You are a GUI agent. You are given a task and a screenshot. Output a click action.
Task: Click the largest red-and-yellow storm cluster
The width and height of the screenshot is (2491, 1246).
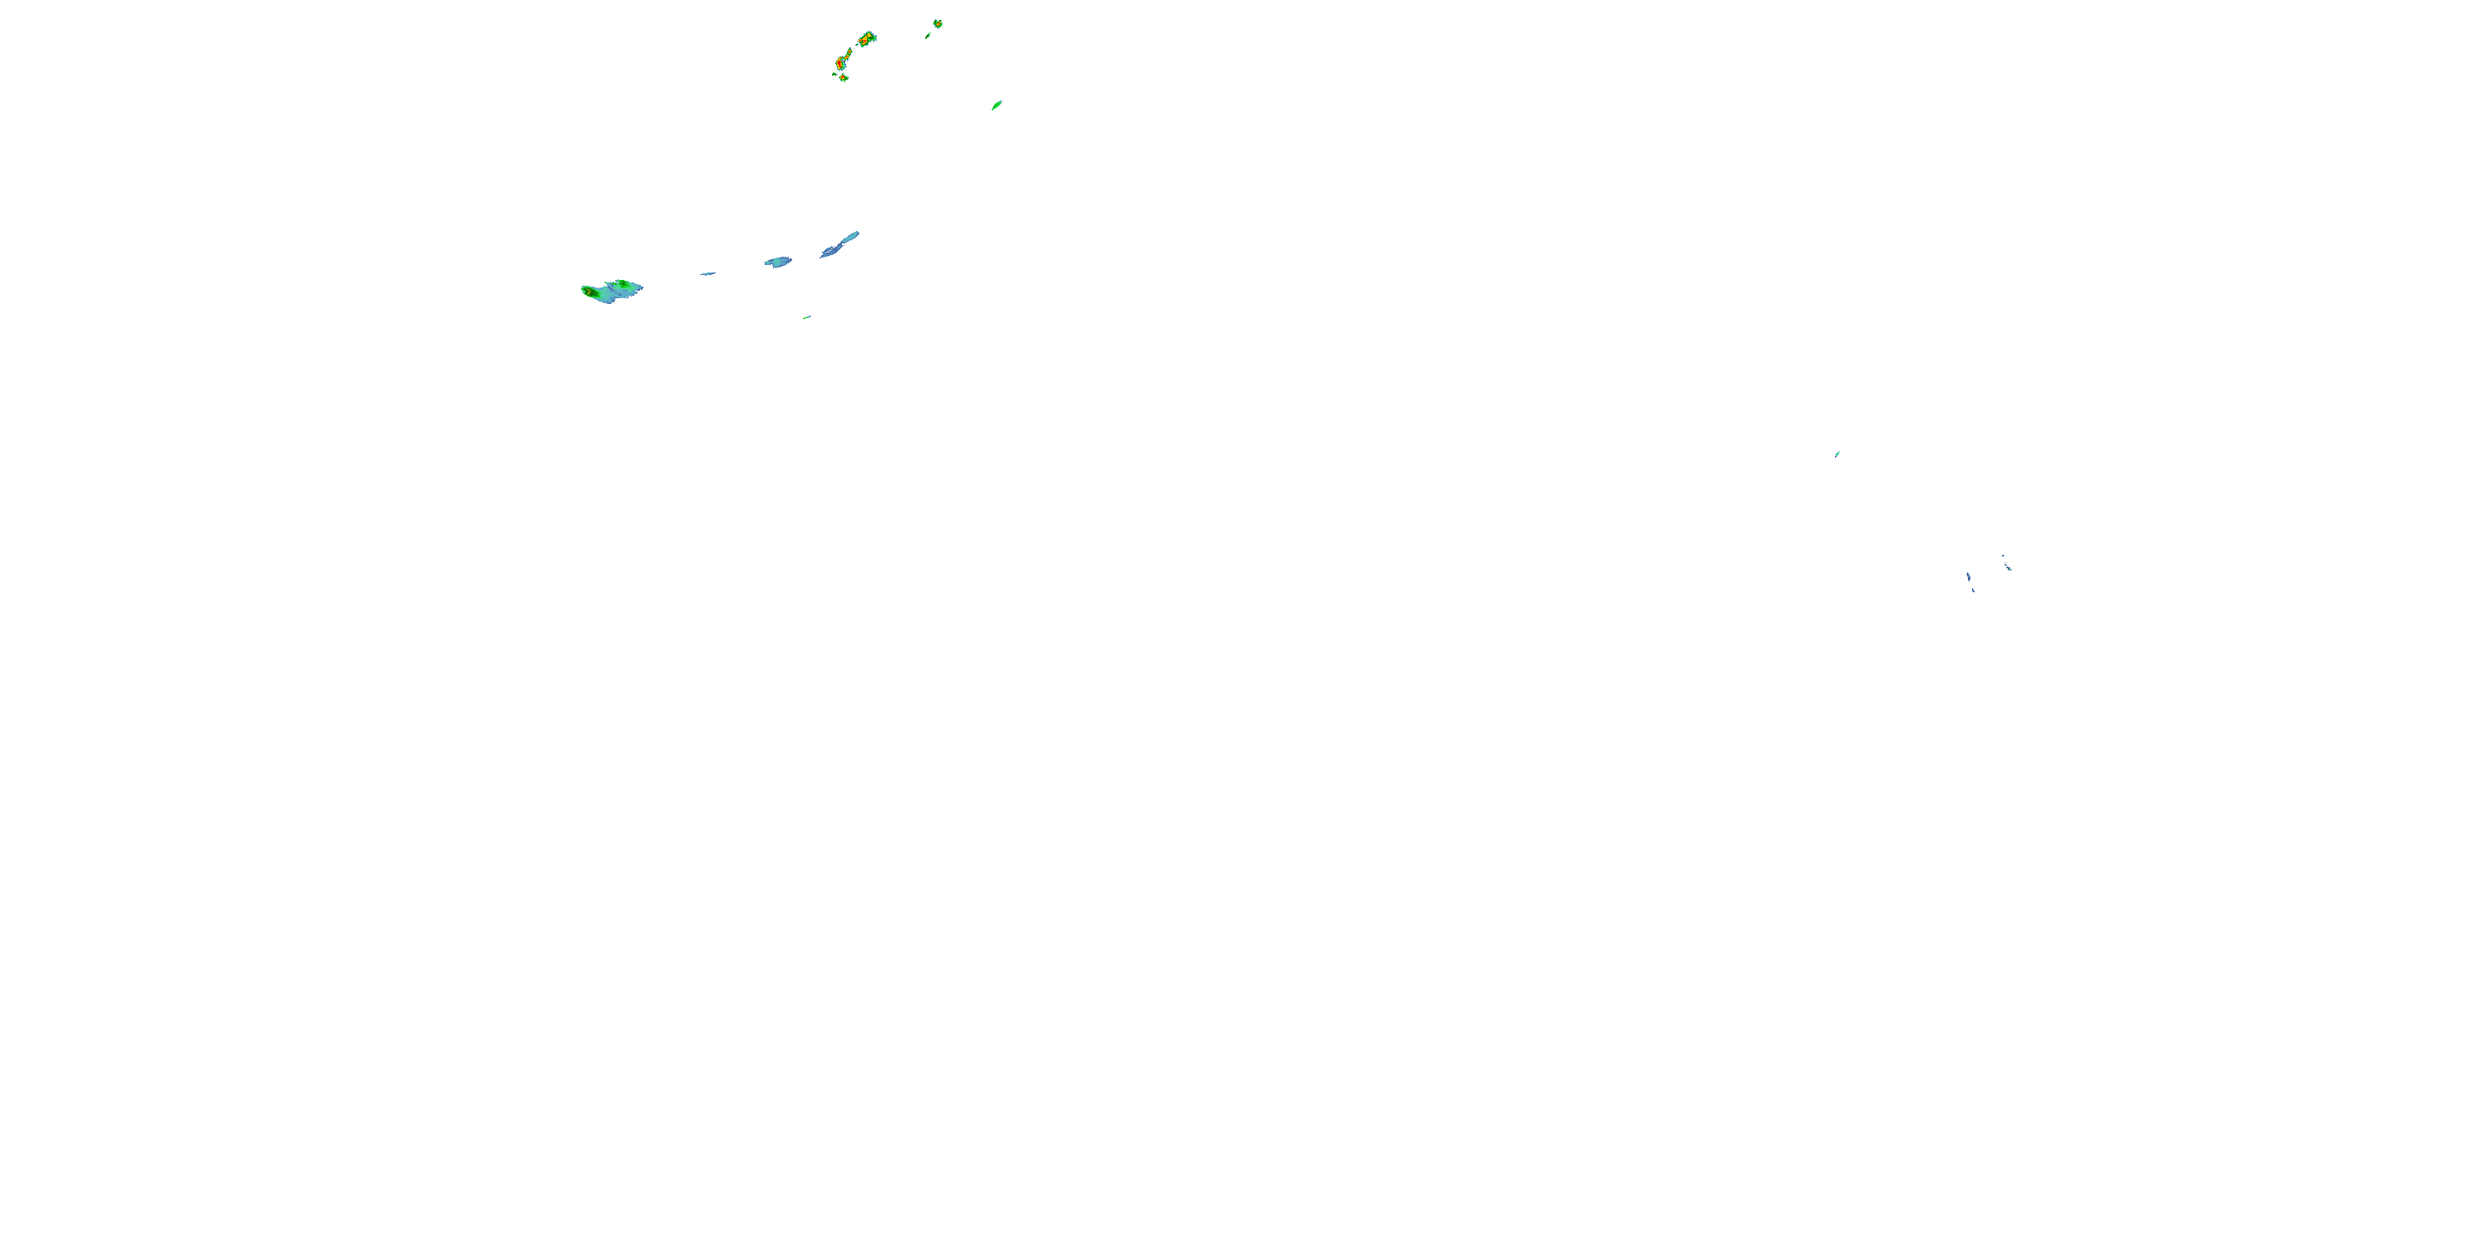[865, 40]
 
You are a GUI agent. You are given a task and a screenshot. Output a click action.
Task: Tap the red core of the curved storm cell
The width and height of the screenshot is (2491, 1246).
[840, 64]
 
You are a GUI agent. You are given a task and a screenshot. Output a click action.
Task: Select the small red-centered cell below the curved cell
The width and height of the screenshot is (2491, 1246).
[844, 77]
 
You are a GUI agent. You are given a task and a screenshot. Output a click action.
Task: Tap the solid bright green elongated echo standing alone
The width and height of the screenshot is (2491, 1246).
[997, 105]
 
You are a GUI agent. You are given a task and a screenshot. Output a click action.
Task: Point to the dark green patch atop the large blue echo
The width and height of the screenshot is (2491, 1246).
[624, 284]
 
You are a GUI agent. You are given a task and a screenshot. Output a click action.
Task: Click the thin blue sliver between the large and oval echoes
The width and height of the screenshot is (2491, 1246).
[707, 274]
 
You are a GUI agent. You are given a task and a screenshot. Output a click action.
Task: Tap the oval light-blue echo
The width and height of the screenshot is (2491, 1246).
[777, 261]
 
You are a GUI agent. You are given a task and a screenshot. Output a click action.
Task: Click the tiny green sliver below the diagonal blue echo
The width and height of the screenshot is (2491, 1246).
[806, 316]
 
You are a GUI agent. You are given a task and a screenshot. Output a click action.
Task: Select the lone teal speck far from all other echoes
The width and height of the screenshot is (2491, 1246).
[1838, 453]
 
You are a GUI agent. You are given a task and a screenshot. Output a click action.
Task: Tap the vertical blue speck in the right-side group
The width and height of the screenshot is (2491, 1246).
[1968, 577]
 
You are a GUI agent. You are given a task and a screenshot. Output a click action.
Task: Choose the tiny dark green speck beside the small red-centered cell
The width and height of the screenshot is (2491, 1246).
[834, 74]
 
